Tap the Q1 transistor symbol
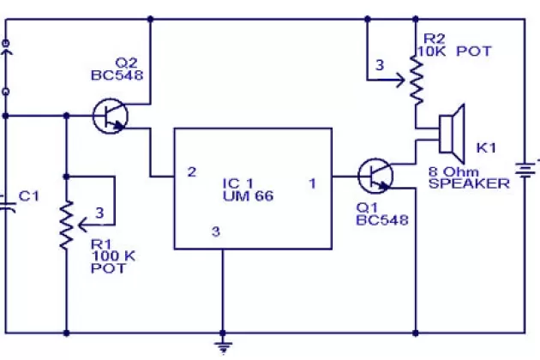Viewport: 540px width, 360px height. click(375, 176)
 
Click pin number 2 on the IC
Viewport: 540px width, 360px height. click(192, 172)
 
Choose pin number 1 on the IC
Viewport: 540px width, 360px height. click(313, 182)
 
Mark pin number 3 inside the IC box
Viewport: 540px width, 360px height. click(215, 231)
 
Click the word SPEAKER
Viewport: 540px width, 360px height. click(470, 183)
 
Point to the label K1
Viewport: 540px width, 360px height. click(486, 148)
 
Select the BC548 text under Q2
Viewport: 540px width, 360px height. click(117, 75)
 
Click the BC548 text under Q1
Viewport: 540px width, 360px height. click(382, 220)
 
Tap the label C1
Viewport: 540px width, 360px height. click(29, 196)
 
